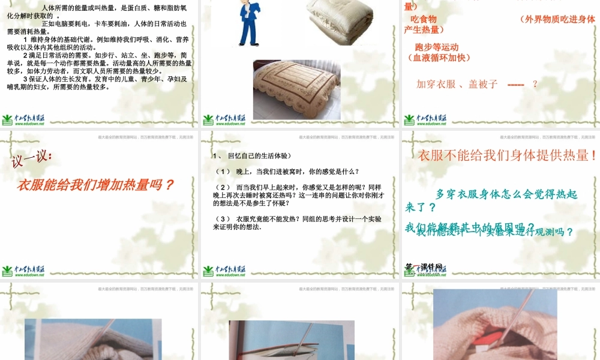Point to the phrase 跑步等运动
[x=436, y=47]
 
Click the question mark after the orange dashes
[x=535, y=84]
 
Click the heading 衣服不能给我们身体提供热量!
[x=507, y=155]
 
